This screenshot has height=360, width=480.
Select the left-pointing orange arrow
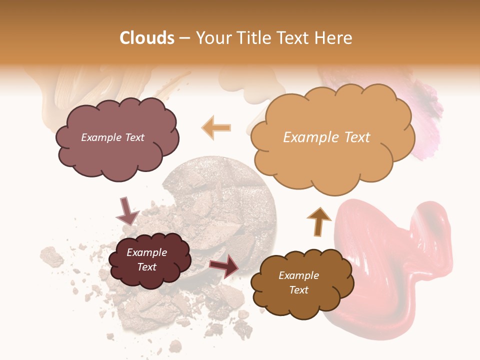point(216,127)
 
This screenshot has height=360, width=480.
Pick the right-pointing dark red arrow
point(224,265)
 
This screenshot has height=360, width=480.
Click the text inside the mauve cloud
point(112,137)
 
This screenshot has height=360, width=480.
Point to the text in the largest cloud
point(326,137)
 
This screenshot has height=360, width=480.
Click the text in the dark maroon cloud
point(146,260)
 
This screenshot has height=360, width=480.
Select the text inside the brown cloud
point(298,282)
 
